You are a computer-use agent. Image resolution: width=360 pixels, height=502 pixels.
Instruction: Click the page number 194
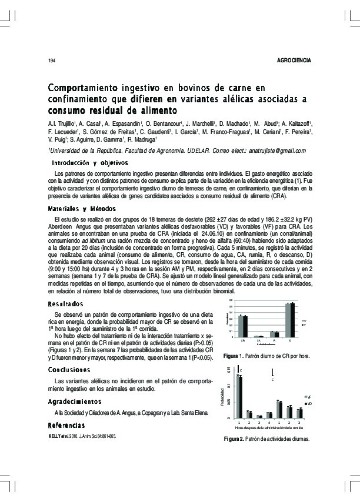point(51,61)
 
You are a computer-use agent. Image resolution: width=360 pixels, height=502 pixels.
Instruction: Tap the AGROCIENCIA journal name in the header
point(293,61)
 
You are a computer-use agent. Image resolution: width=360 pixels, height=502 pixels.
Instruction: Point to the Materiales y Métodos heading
point(82,209)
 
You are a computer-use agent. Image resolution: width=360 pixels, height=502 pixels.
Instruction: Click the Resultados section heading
point(66,304)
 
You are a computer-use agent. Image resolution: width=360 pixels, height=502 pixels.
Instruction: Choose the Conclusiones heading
point(69,370)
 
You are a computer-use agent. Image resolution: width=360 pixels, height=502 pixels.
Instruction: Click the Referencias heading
point(66,425)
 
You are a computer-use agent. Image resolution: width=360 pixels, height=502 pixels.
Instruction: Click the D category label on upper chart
point(290,340)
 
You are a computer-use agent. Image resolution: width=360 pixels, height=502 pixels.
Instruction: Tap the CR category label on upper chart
point(242,340)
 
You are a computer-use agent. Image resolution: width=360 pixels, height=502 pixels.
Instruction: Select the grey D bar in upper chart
point(288,320)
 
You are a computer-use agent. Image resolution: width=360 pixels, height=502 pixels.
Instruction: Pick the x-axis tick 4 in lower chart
point(269,422)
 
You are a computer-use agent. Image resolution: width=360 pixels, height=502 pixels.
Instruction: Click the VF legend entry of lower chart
point(310,398)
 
